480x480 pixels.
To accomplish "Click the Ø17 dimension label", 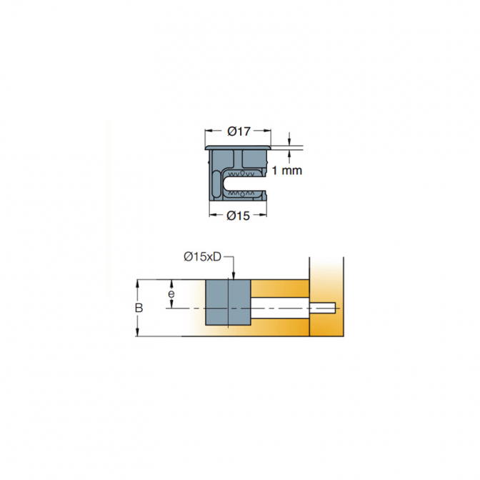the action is click(239, 131).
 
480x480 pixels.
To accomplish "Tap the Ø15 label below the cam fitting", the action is click(238, 216).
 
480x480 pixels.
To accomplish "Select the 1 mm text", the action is click(287, 171).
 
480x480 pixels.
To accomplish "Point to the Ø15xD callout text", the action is click(202, 256).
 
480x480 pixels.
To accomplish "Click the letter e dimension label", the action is click(171, 294).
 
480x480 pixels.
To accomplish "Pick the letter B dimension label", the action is click(139, 308).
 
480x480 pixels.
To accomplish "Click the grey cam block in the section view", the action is click(228, 302).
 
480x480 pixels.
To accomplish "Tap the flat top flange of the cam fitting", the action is click(238, 148).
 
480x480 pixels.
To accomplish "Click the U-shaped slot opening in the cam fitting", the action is click(245, 184).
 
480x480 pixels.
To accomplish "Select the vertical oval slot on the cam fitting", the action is click(216, 184).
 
